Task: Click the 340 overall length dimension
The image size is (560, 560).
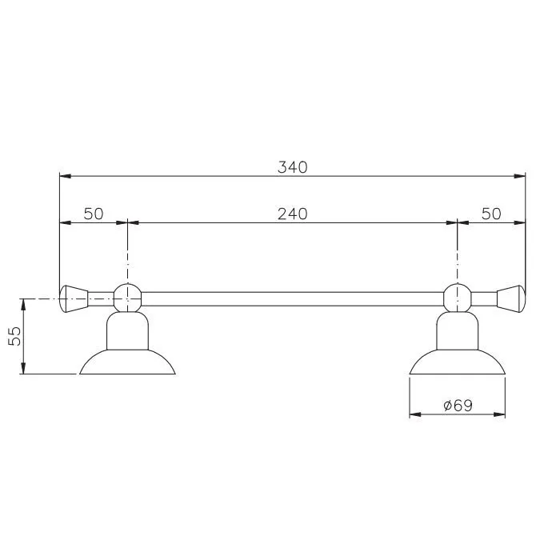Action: point(293,167)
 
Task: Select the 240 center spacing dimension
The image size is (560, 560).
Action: point(293,214)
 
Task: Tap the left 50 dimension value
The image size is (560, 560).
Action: point(94,214)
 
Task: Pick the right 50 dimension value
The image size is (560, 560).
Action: point(491,214)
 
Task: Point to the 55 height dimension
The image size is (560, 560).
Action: point(14,336)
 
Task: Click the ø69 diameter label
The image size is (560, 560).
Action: point(458,406)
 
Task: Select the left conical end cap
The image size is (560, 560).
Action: point(74,299)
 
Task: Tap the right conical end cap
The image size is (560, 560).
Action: point(511,299)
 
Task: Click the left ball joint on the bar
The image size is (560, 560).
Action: point(127,298)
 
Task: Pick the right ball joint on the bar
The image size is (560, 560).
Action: point(458,298)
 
